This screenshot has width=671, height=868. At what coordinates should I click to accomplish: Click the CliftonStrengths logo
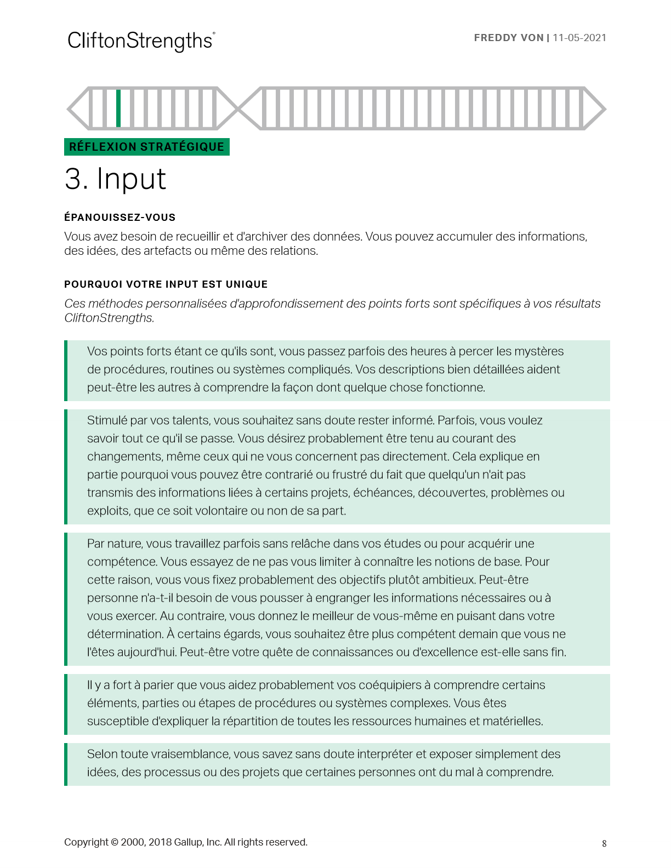pyautogui.click(x=141, y=41)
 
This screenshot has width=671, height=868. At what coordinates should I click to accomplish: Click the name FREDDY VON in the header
pyautogui.click(x=508, y=38)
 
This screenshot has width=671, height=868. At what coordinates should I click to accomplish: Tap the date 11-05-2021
pyautogui.click(x=579, y=38)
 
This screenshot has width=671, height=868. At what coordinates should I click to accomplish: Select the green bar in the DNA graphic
pyautogui.click(x=118, y=108)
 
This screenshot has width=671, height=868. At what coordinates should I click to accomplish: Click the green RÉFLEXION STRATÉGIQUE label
pyautogui.click(x=146, y=147)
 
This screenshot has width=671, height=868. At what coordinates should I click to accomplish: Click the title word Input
pyautogui.click(x=132, y=179)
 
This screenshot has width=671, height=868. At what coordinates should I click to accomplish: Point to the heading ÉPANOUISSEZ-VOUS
pyautogui.click(x=120, y=218)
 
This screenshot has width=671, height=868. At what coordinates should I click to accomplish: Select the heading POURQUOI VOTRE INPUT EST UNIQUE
pyautogui.click(x=166, y=284)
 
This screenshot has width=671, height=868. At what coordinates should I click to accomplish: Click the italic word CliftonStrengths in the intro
pyautogui.click(x=109, y=318)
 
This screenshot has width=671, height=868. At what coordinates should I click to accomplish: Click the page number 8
pyautogui.click(x=604, y=843)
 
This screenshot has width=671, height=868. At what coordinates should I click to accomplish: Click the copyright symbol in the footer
pyautogui.click(x=114, y=842)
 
